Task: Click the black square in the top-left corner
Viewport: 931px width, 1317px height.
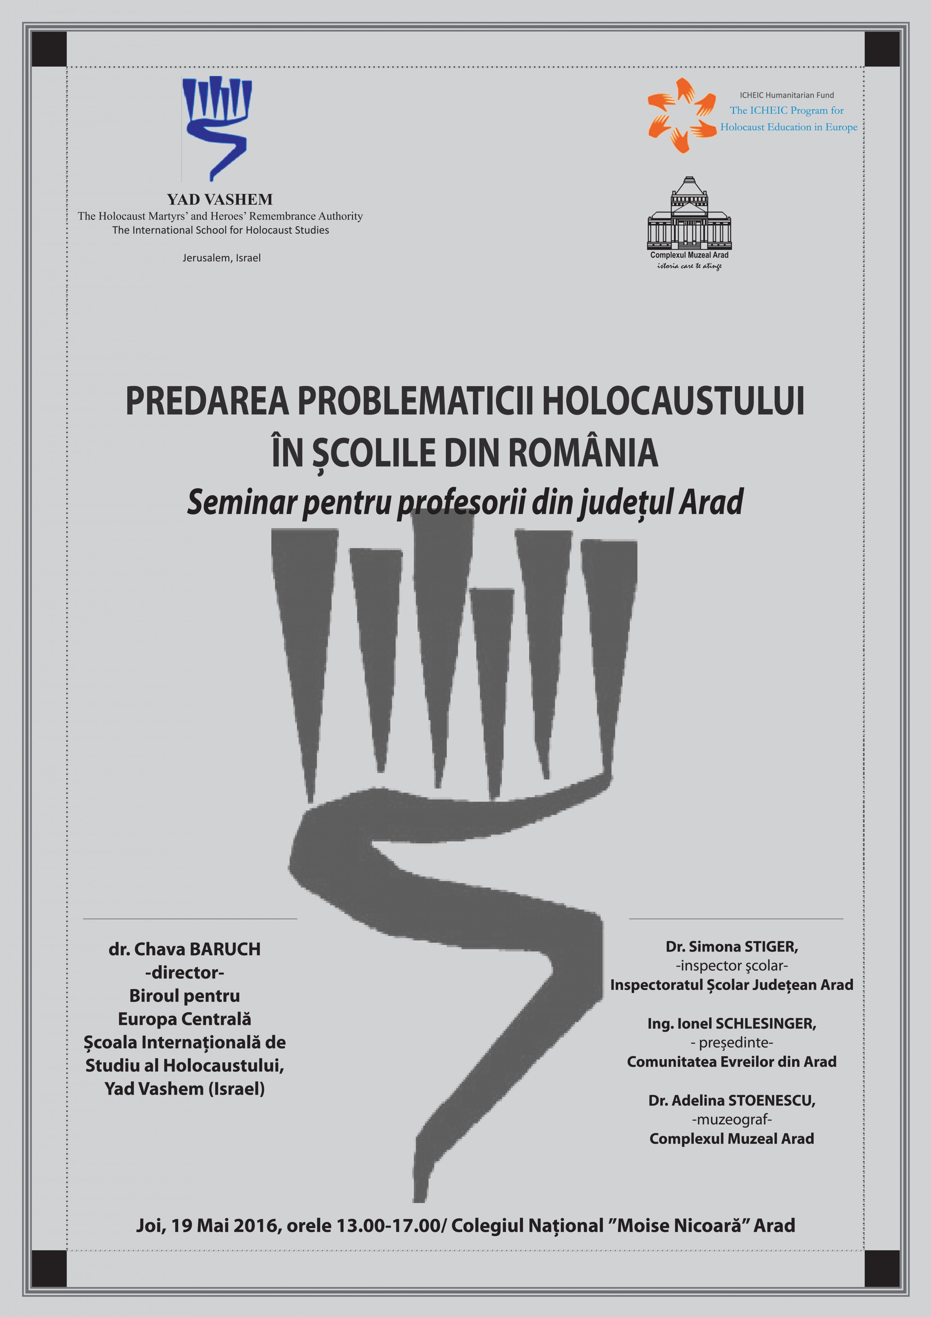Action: click(x=49, y=49)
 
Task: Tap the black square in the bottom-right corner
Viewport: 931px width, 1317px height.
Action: click(x=882, y=1268)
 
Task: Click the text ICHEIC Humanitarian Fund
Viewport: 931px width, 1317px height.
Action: click(x=786, y=95)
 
